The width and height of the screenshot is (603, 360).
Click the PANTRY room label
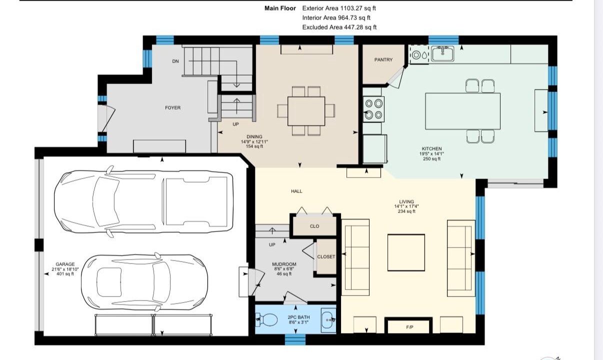[383, 60]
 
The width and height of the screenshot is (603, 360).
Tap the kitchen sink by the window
[442, 53]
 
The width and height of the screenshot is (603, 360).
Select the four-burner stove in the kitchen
[373, 109]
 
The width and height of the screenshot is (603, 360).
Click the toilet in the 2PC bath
[266, 319]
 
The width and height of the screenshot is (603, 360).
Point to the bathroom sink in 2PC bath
[328, 320]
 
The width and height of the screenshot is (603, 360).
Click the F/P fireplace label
[409, 327]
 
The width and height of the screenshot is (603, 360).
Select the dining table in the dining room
[306, 111]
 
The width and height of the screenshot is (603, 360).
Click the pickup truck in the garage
[144, 201]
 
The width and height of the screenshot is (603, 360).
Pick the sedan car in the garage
[144, 282]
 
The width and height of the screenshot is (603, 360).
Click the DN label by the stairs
[175, 61]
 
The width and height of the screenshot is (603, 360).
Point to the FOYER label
[173, 107]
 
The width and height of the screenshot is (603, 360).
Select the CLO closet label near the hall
[314, 226]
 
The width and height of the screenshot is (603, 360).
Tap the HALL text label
[296, 191]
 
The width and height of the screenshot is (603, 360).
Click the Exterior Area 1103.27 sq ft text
[339, 8]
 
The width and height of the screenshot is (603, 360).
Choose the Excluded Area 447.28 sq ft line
[339, 27]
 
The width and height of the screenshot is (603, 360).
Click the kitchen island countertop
[462, 111]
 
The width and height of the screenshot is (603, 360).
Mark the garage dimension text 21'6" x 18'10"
[65, 269]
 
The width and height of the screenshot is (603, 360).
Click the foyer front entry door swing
[106, 118]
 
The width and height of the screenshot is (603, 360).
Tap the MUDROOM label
[284, 264]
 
